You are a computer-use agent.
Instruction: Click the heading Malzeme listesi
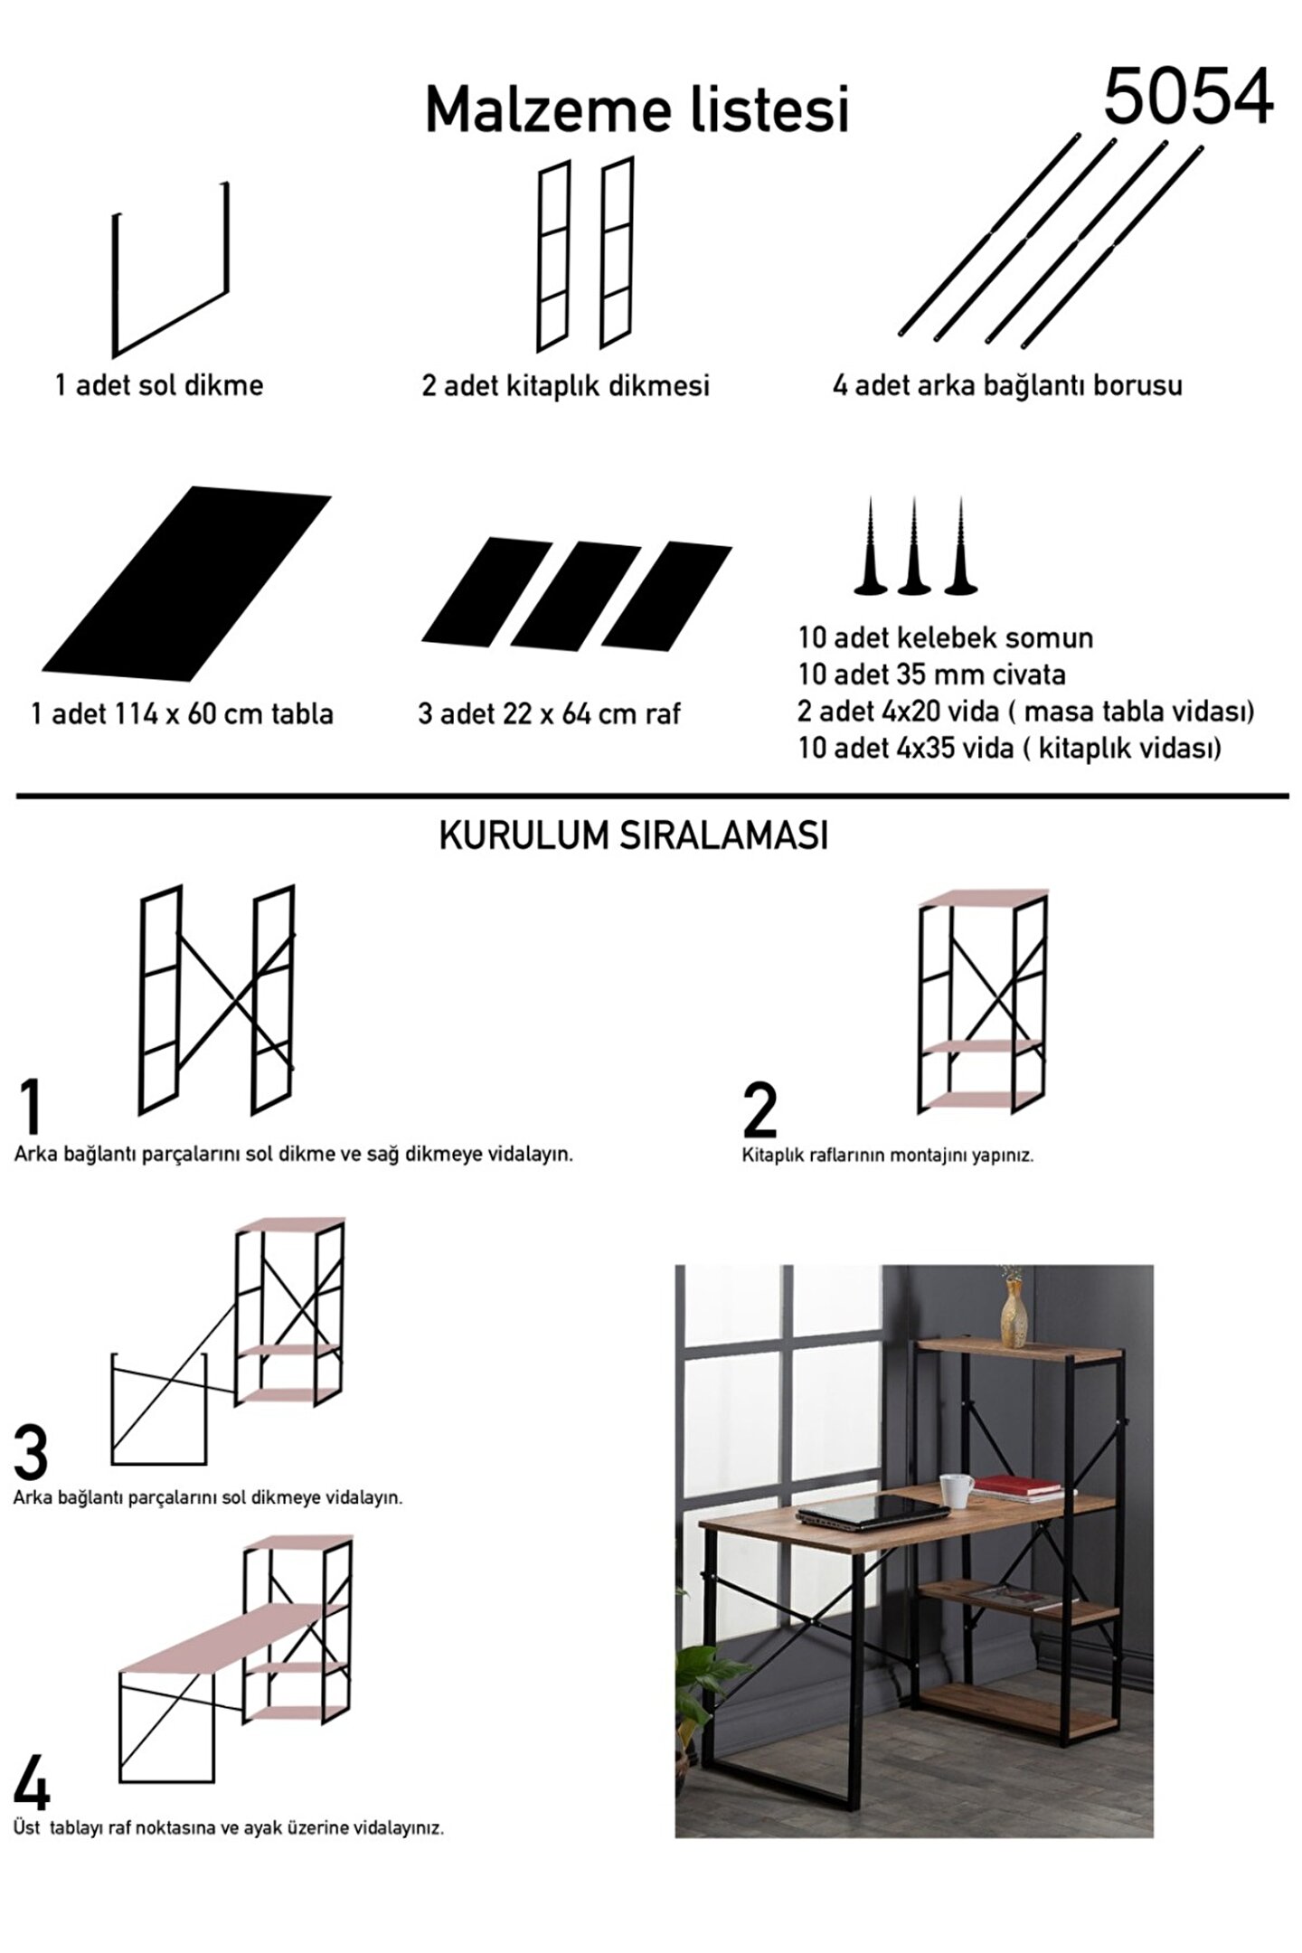[x=637, y=110]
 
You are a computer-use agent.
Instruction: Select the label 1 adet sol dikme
[x=159, y=385]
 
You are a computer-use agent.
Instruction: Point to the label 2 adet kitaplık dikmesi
[x=566, y=386]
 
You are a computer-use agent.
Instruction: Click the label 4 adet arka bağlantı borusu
[x=1007, y=386]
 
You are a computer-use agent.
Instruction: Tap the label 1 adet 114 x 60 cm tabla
[x=183, y=714]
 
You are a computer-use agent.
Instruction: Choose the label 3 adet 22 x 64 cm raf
[x=549, y=714]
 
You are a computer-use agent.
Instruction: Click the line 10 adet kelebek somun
[x=946, y=638]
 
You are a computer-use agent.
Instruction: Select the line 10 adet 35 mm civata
[x=932, y=675]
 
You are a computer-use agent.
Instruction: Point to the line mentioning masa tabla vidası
[x=1026, y=712]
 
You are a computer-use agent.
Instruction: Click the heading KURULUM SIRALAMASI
[x=634, y=836]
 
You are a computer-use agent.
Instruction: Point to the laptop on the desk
[x=873, y=1512]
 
